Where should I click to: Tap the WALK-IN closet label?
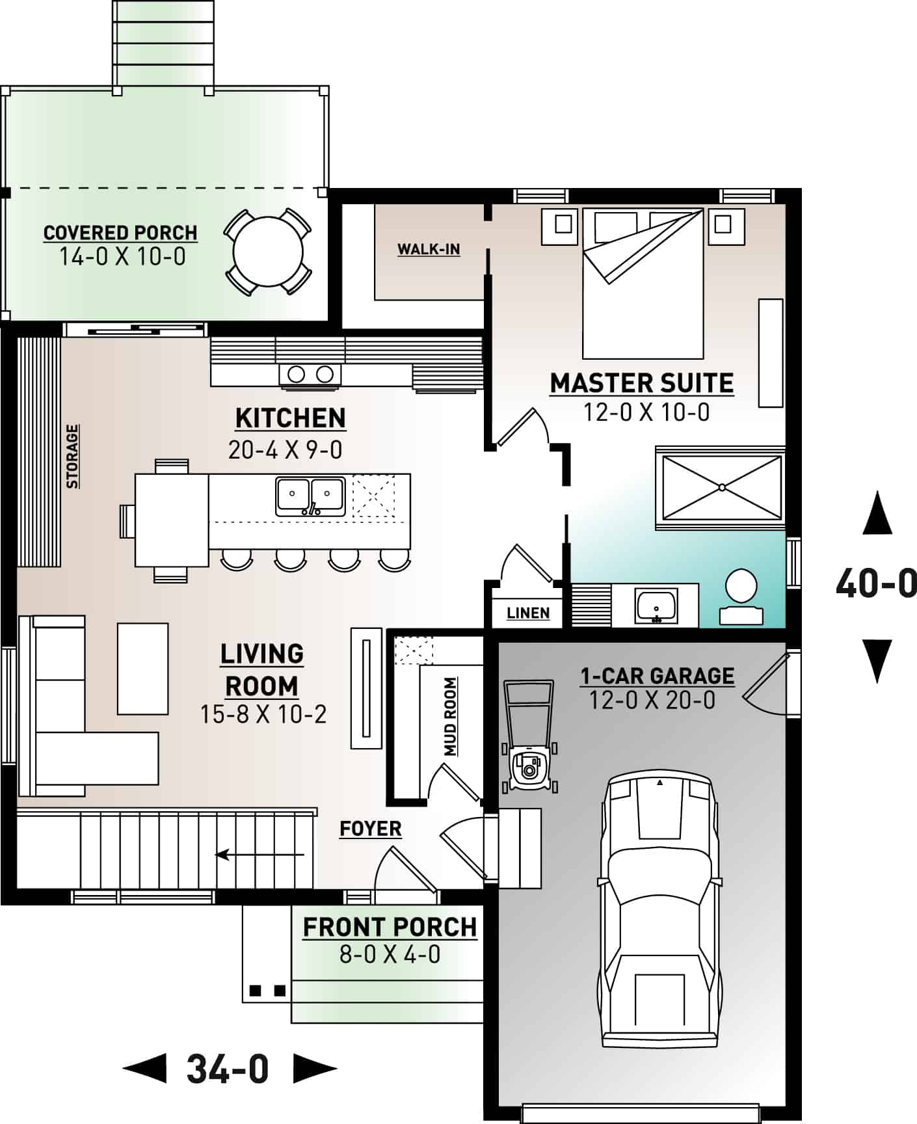tap(429, 249)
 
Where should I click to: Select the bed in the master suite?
tap(643, 284)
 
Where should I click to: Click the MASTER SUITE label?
tap(642, 383)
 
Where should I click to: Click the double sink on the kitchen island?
tap(310, 497)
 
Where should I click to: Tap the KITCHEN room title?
tap(290, 418)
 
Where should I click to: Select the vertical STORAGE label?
tap(72, 457)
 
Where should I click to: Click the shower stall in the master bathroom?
tap(721, 487)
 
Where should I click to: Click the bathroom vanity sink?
tap(657, 606)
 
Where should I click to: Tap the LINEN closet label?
tap(528, 613)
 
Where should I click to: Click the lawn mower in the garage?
tap(529, 738)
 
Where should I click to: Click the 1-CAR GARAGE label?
tap(657, 676)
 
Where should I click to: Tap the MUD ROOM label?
tap(450, 717)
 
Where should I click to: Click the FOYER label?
tap(371, 829)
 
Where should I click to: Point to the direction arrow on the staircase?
tap(260, 854)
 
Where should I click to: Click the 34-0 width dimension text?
tap(228, 1069)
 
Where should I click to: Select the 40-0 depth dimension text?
tap(875, 583)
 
